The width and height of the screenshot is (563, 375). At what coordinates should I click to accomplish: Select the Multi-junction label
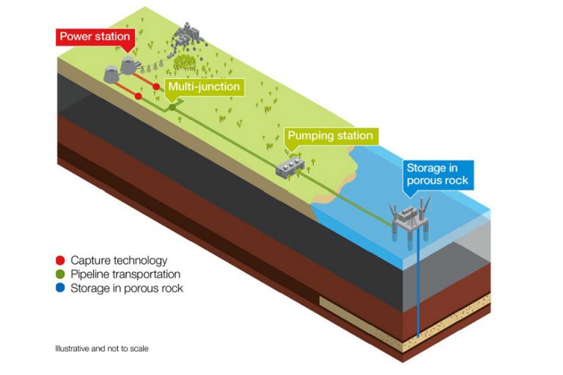(202, 86)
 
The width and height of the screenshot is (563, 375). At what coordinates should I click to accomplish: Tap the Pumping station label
(330, 135)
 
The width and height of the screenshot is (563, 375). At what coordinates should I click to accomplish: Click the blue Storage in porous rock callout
(437, 174)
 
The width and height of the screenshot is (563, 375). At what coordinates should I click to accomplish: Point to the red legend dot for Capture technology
(61, 260)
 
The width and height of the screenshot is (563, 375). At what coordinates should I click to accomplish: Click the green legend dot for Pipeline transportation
(61, 274)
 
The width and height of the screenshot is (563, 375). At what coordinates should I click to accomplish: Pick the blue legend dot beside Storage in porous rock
(61, 288)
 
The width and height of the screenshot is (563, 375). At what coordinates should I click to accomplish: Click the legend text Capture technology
(119, 260)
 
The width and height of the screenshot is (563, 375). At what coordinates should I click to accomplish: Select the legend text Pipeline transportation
(125, 274)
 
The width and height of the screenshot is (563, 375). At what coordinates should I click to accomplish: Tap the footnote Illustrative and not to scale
(101, 348)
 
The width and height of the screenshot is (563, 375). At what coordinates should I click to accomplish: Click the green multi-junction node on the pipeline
(173, 107)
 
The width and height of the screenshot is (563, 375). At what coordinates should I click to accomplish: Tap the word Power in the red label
(74, 36)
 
